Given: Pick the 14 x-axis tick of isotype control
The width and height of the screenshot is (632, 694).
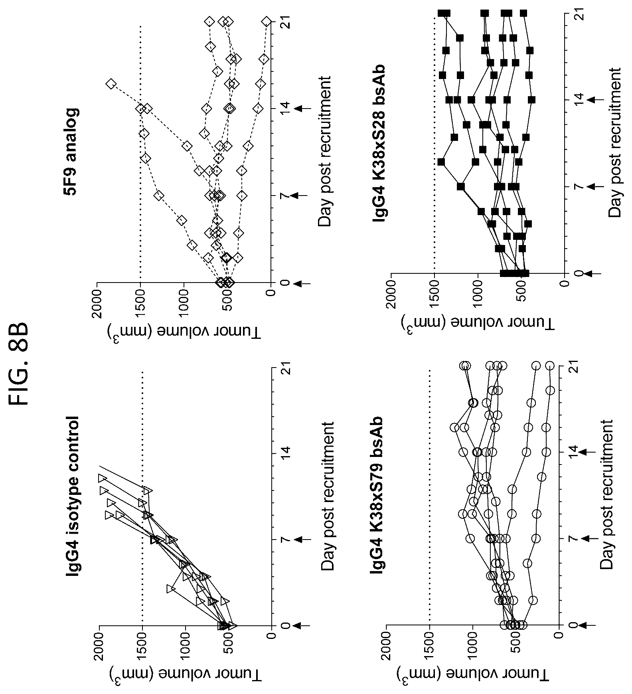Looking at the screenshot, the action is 285,453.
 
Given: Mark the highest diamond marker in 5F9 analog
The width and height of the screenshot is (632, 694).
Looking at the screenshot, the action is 111,83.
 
